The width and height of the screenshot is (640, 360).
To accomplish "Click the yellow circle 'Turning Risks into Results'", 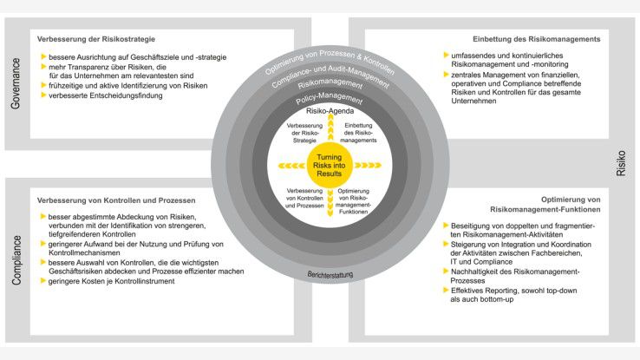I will click(330, 164).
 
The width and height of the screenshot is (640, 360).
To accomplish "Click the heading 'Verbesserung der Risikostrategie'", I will click(96, 40).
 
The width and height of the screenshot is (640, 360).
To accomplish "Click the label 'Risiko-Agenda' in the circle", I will click(330, 114).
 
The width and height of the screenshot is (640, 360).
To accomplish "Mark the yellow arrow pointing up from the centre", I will click(330, 132).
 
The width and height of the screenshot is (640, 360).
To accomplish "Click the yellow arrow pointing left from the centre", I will click(289, 164).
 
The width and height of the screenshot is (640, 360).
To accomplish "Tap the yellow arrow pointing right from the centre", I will click(370, 164).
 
